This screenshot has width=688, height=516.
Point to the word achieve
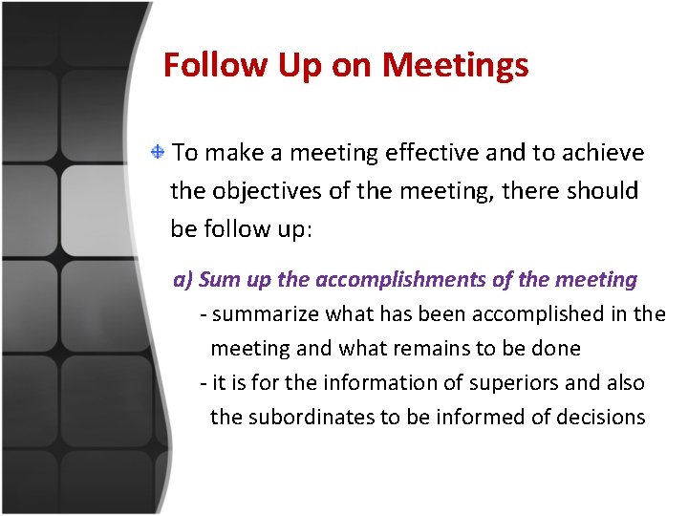click(x=603, y=153)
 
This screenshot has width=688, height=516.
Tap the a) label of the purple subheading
click(x=183, y=280)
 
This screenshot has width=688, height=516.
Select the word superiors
click(x=499, y=383)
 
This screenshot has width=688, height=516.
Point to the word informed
click(x=473, y=418)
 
